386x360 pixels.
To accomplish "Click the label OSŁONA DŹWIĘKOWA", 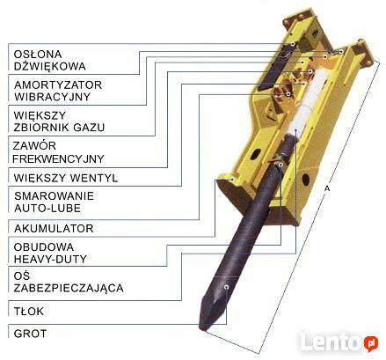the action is (50, 60).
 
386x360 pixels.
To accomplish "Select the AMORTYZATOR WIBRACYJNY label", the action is (58, 91).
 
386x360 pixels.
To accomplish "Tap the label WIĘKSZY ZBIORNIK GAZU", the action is (59, 121).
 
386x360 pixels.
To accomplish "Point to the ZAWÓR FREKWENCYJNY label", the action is (58, 152).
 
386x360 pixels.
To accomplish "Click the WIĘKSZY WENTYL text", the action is (66, 178).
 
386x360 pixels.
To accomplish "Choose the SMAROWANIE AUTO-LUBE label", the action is (54, 202).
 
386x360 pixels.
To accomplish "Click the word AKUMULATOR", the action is (54, 228).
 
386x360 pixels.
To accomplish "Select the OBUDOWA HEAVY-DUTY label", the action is (50, 253).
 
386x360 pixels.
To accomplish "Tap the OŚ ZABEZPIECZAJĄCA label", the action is (69, 282).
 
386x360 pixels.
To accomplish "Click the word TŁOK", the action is (29, 311).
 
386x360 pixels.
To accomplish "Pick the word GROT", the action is (30, 334).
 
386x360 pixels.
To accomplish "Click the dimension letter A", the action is (327, 188).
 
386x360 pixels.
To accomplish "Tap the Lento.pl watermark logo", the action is (339, 342).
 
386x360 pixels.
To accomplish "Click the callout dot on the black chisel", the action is (226, 287).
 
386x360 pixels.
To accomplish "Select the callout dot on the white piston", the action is (296, 129).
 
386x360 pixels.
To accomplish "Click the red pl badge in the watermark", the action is (371, 342).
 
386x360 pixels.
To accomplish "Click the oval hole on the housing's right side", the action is (306, 180).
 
